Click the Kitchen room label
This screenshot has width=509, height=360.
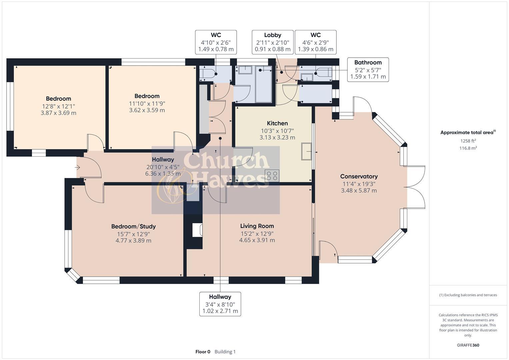277,123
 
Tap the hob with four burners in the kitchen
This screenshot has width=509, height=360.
271,175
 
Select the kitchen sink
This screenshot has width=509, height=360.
306,151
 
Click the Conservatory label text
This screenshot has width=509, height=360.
359,176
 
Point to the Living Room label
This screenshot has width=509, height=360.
257,226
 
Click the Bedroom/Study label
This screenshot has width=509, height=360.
133,226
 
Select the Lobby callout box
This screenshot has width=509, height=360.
272,42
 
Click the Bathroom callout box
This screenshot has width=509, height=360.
368,69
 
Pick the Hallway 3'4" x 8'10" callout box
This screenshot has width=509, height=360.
220,304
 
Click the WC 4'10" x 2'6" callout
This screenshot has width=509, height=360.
216,42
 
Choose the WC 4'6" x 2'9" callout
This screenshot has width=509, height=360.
315,42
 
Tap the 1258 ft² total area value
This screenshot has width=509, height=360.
468,141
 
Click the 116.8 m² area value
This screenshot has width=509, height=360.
468,148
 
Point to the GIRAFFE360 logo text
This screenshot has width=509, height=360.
468,345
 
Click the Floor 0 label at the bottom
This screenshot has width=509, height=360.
203,352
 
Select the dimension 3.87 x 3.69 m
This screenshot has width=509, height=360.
58,113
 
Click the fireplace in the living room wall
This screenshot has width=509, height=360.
197,230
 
